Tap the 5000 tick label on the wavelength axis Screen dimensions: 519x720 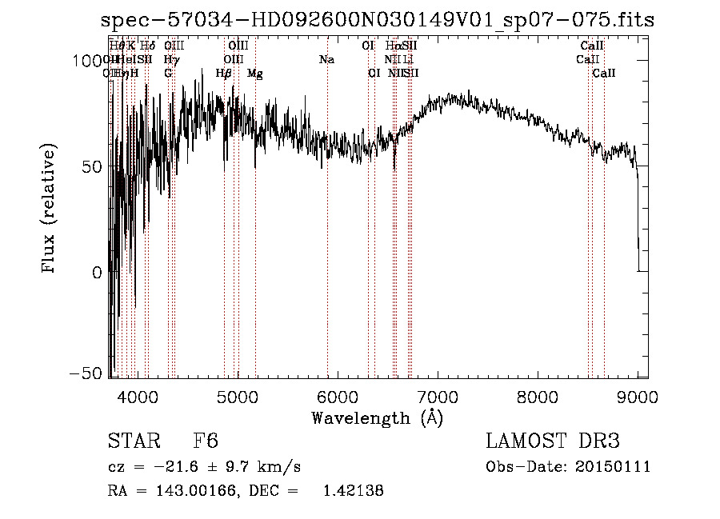pos(237,397)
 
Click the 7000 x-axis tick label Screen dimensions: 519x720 pos(438,397)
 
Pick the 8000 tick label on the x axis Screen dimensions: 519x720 pos(538,397)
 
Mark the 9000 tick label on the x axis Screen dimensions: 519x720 pos(638,397)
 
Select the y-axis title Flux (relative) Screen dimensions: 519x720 pos(50,209)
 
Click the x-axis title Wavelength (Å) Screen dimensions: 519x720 pos(378,417)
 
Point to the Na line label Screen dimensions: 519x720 pos(326,60)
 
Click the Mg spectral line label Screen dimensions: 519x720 pos(254,74)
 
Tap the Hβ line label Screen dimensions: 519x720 pos(224,74)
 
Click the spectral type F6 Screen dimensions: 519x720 pos(206,442)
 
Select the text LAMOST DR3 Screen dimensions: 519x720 pos(552,442)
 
